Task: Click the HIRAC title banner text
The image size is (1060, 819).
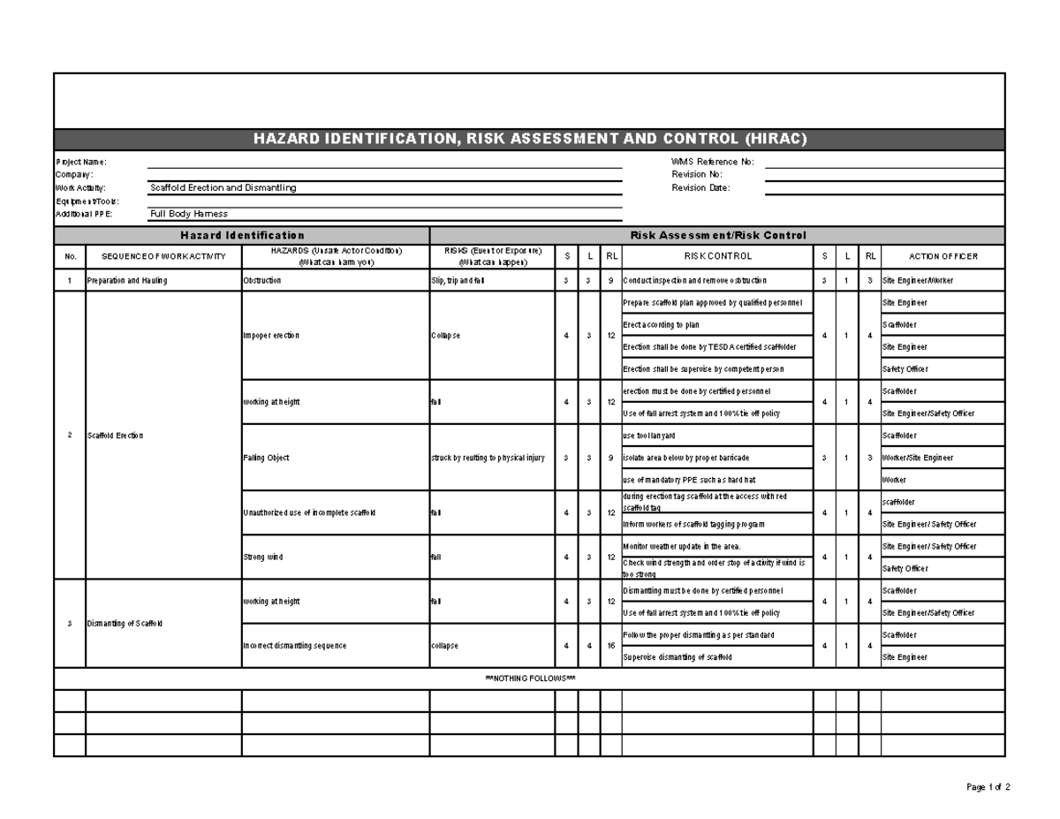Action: pos(529,140)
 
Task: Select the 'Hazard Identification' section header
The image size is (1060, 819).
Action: pos(242,235)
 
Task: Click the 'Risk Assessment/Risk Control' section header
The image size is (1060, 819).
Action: pos(716,235)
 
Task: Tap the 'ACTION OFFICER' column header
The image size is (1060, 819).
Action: pos(943,256)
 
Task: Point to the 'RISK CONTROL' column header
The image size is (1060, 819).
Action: pos(717,256)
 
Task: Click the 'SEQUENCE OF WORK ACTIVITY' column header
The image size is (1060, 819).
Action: pos(163,256)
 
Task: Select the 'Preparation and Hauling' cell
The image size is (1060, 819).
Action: pos(126,281)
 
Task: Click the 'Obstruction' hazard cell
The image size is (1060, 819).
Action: pos(262,281)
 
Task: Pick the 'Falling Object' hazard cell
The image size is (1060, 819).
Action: pos(266,458)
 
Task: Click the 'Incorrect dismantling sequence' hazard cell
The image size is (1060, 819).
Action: pos(294,646)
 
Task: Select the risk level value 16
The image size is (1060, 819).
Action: pos(611,646)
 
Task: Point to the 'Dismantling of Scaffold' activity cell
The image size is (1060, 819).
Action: pos(125,624)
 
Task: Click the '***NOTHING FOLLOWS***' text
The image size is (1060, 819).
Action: pos(530,679)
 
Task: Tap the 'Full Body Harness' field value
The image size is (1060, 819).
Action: pos(189,214)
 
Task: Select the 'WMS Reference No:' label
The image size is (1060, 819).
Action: pos(712,162)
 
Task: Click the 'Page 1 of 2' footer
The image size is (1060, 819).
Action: pos(988,787)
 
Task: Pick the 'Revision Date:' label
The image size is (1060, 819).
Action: pos(700,187)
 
